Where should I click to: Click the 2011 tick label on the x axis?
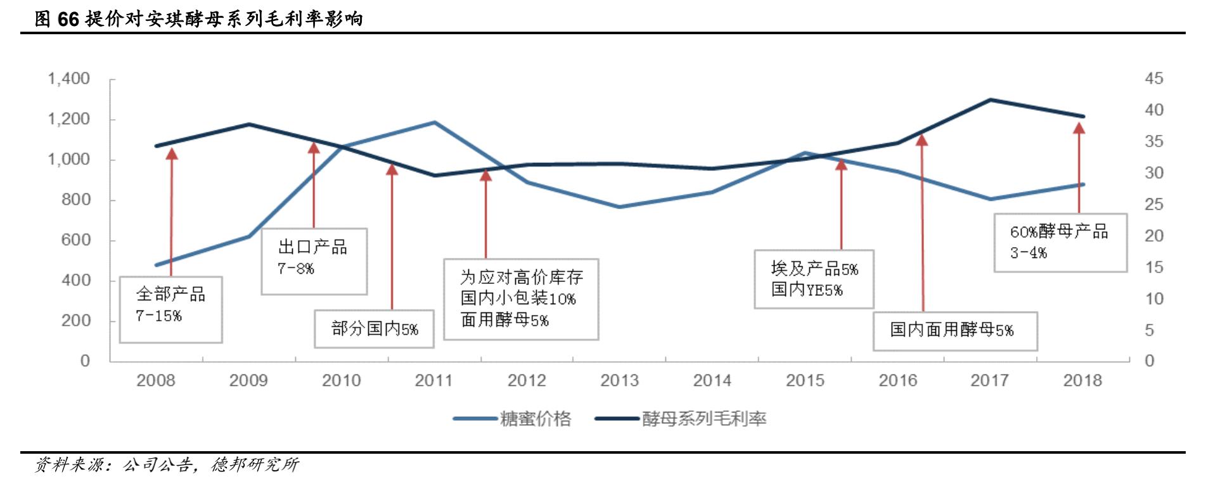tap(433, 380)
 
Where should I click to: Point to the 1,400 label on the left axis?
tap(68, 79)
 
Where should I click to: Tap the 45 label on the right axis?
tap(1153, 79)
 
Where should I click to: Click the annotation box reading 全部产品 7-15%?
tap(170, 310)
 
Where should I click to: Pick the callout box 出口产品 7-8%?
tap(314, 261)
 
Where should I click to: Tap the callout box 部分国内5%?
tap(374, 329)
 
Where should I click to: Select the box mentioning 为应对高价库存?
tap(521, 299)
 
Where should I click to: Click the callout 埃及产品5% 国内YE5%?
tap(814, 279)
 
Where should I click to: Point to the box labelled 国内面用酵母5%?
tap(954, 331)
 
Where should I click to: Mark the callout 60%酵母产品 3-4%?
tap(1060, 243)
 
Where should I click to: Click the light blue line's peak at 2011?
tap(434, 122)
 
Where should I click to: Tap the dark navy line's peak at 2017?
tap(990, 99)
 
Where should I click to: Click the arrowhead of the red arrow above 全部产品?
tap(171, 153)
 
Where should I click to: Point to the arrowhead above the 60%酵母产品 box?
tap(1079, 128)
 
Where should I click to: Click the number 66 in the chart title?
tap(68, 19)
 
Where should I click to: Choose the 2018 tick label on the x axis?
tap(1082, 380)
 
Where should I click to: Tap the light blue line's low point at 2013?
tap(619, 207)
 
